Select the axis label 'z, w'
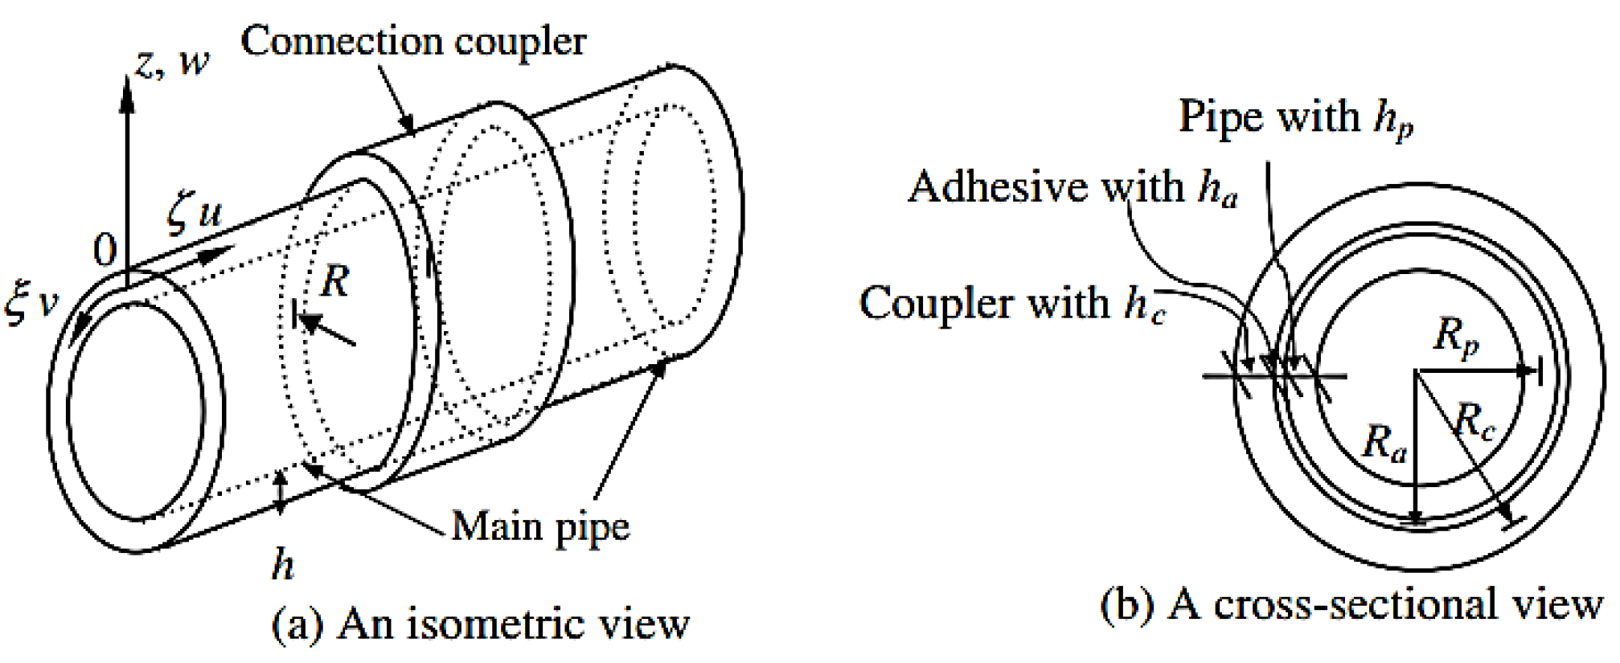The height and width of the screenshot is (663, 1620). tap(171, 63)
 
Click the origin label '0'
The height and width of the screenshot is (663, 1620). tap(105, 252)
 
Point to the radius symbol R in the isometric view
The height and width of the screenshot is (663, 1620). tap(334, 281)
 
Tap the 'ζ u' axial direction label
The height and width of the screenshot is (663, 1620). tap(195, 213)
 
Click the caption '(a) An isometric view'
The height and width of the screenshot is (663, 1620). tap(480, 624)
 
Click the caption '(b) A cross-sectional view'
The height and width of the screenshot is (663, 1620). tap(1351, 604)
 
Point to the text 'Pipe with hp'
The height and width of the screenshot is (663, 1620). tap(1295, 118)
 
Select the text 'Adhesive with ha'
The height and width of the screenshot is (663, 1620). tap(1072, 188)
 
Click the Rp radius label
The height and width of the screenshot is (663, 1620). tap(1456, 335)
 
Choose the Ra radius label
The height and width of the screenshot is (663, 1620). tap(1384, 443)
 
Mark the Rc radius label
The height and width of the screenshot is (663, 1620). tap(1474, 422)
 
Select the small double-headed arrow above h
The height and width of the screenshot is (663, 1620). tap(280, 492)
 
